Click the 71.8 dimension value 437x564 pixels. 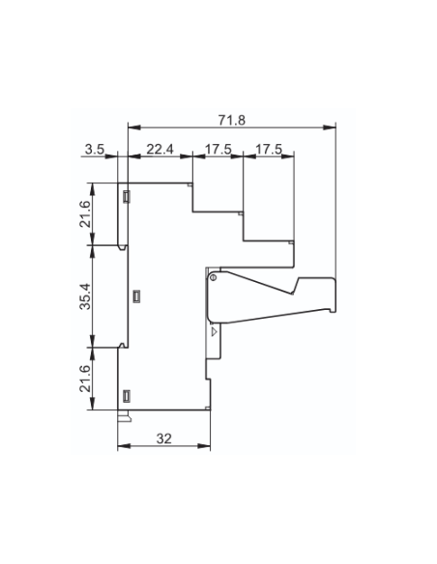pyautogui.click(x=231, y=120)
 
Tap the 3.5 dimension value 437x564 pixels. pyautogui.click(x=95, y=149)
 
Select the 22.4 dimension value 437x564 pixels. pyautogui.click(x=160, y=149)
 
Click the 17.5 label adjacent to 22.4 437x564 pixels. pyautogui.click(x=218, y=149)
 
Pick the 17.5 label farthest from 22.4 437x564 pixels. pyautogui.click(x=269, y=149)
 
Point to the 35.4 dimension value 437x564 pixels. pyautogui.click(x=86, y=296)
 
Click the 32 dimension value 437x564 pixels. pyautogui.click(x=164, y=438)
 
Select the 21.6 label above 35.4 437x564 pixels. pyautogui.click(x=86, y=214)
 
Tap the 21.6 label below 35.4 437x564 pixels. pyautogui.click(x=86, y=379)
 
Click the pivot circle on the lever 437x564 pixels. pyautogui.click(x=213, y=277)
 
